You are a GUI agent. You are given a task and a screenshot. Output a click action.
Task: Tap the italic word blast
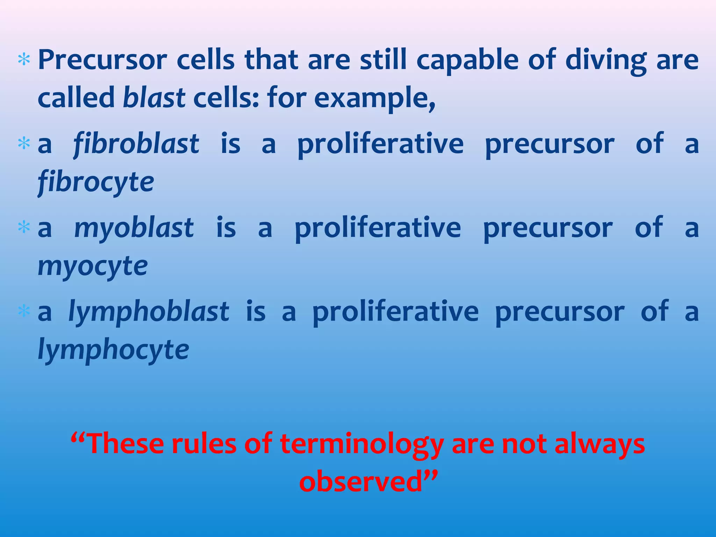point(154,98)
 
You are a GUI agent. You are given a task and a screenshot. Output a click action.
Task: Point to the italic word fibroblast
point(136,144)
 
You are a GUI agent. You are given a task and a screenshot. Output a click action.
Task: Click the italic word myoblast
point(134,228)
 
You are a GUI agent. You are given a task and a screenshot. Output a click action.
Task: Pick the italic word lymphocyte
point(113,350)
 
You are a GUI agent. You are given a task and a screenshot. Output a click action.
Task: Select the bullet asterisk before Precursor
point(24,60)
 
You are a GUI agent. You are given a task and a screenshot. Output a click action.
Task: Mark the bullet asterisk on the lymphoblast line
point(24,311)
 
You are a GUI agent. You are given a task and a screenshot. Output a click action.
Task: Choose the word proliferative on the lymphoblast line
point(395,312)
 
